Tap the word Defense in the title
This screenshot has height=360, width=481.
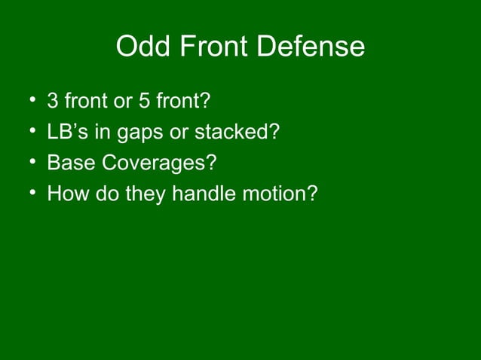tap(312, 47)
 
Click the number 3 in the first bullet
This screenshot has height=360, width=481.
tap(53, 101)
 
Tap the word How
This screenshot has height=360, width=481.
tap(65, 195)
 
